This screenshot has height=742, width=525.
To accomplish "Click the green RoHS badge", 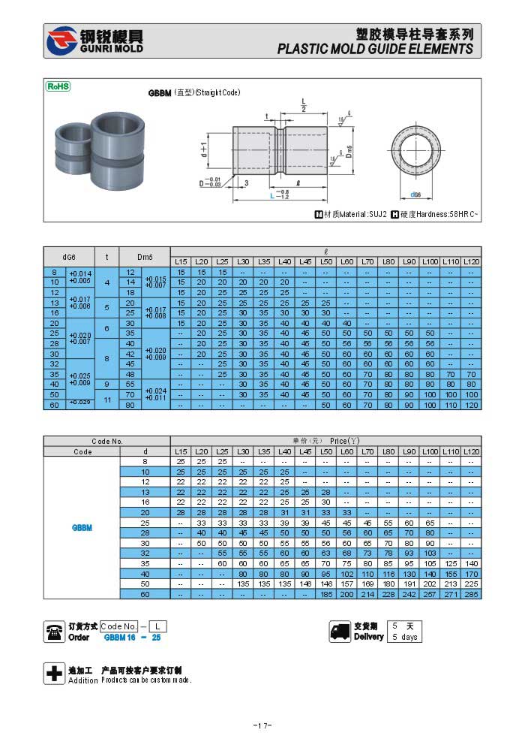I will coord(58,86).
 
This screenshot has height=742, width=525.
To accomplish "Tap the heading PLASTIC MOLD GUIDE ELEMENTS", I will coord(375,49).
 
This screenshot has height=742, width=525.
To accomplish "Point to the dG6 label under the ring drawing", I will coord(415,195).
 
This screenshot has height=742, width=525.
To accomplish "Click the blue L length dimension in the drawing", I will coord(271,195).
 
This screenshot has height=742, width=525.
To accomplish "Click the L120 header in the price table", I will coord(471,451).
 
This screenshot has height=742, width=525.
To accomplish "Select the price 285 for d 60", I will coord(471,594).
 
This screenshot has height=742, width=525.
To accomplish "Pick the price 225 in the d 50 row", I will coord(471,584).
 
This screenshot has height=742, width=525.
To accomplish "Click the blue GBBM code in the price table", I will coord(82,528).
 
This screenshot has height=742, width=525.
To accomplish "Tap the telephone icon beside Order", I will coord(55,632).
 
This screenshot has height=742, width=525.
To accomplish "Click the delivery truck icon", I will coord(340,632).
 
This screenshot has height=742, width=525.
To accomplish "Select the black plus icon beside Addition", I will coord(54,674).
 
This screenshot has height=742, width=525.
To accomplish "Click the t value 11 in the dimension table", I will coord(107,400).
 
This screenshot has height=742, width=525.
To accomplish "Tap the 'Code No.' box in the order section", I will coord(119,626).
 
